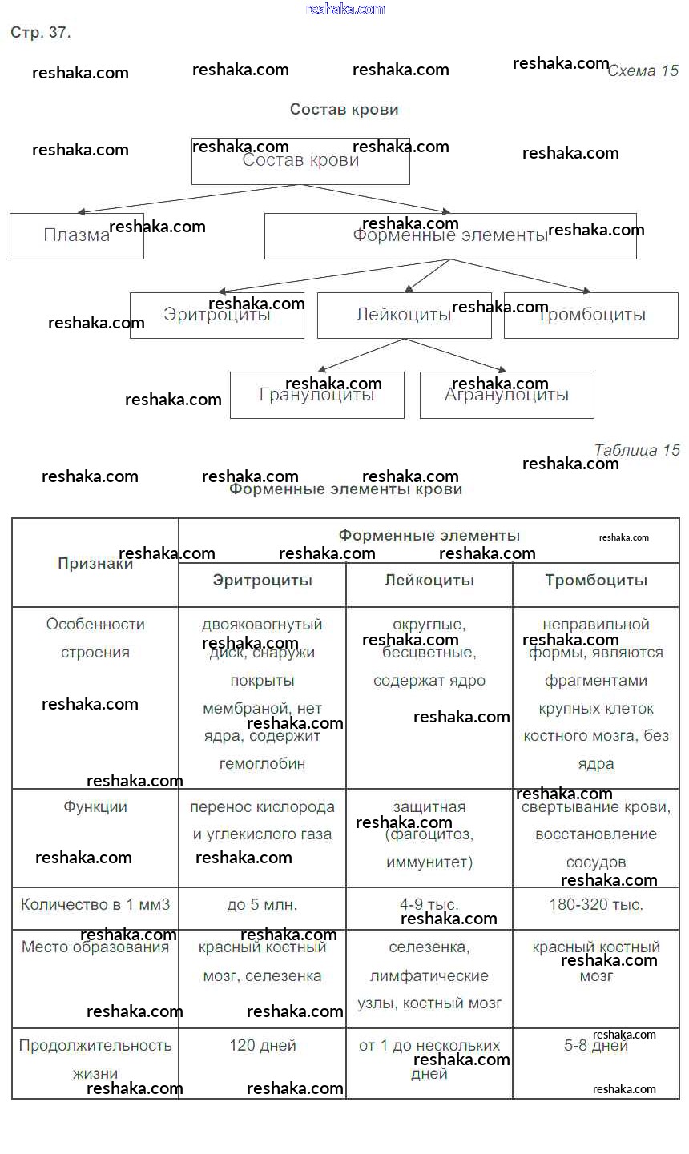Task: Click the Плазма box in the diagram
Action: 76,235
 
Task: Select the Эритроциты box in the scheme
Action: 216,315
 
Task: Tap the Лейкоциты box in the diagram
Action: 404,315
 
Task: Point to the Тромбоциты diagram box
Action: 591,315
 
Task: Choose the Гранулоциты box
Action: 316,395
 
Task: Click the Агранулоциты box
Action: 506,395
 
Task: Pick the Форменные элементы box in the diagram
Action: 450,235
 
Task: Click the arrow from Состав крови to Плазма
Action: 188,199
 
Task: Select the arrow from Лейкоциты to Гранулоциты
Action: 357,355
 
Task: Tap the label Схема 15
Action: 643,71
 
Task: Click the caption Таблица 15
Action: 637,450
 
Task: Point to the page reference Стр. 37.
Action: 41,33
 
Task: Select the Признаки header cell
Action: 95,563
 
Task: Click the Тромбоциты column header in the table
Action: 596,581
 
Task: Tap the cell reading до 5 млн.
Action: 262,906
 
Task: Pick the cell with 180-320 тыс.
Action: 596,905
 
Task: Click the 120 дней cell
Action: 263,1046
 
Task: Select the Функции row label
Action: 95,807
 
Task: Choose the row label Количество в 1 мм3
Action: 95,905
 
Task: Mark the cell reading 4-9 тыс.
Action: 429,905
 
